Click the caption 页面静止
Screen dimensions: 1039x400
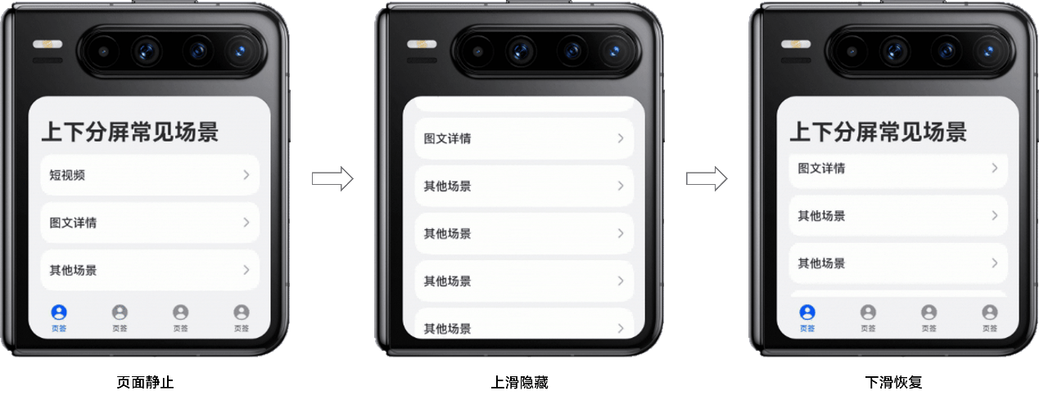tap(145, 382)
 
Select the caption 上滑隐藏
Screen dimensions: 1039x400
tap(519, 382)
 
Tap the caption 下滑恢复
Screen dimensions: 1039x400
tap(894, 382)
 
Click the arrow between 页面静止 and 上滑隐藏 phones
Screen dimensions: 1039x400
tap(332, 178)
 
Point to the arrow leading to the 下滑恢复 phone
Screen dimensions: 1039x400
tap(707, 178)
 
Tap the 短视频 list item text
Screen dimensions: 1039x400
tap(67, 175)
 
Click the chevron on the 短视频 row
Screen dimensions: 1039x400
tap(246, 175)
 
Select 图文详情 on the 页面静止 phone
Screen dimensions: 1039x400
tap(74, 223)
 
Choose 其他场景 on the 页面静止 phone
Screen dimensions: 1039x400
tap(74, 270)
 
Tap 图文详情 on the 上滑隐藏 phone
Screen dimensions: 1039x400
tap(448, 138)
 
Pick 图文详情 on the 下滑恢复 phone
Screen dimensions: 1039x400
tap(821, 169)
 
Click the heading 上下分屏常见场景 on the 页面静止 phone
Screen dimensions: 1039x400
tap(130, 132)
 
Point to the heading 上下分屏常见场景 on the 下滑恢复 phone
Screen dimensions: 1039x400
tap(878, 132)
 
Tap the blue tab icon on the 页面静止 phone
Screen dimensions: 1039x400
tap(59, 312)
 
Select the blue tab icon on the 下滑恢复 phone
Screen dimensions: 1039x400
tap(807, 312)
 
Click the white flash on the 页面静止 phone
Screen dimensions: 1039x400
tap(47, 44)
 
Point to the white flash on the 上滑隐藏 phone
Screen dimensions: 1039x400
tap(422, 44)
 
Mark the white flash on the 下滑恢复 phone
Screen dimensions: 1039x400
tap(796, 44)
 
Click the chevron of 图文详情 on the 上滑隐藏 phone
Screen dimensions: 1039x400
tap(621, 138)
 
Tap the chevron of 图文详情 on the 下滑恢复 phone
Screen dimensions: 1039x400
tap(995, 168)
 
